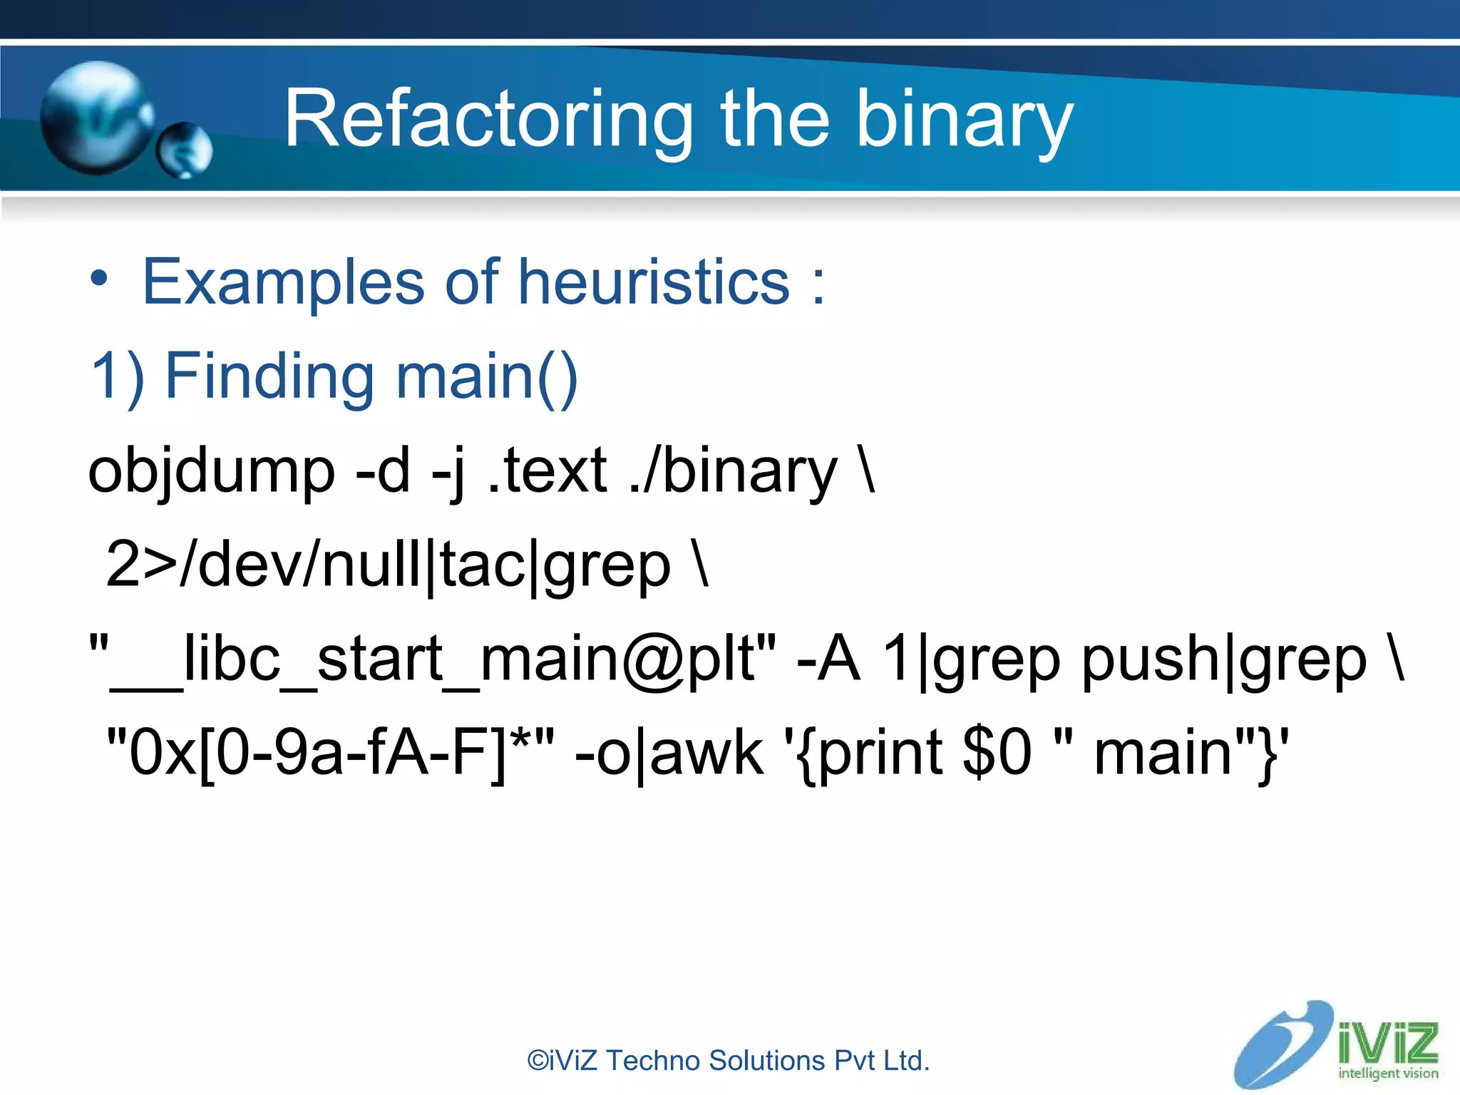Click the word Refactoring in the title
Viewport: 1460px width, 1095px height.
[488, 120]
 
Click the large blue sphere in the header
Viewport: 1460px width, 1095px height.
[96, 118]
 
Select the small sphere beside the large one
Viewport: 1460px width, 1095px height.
[184, 150]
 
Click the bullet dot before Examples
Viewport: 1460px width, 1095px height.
[99, 279]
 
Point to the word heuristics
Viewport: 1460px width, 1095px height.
[654, 282]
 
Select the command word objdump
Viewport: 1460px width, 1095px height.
[211, 472]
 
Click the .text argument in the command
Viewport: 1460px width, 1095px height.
[547, 472]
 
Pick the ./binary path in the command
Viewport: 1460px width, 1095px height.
[734, 472]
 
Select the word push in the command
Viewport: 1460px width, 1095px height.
[1150, 659]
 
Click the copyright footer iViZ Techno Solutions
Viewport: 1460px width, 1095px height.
[728, 1061]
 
